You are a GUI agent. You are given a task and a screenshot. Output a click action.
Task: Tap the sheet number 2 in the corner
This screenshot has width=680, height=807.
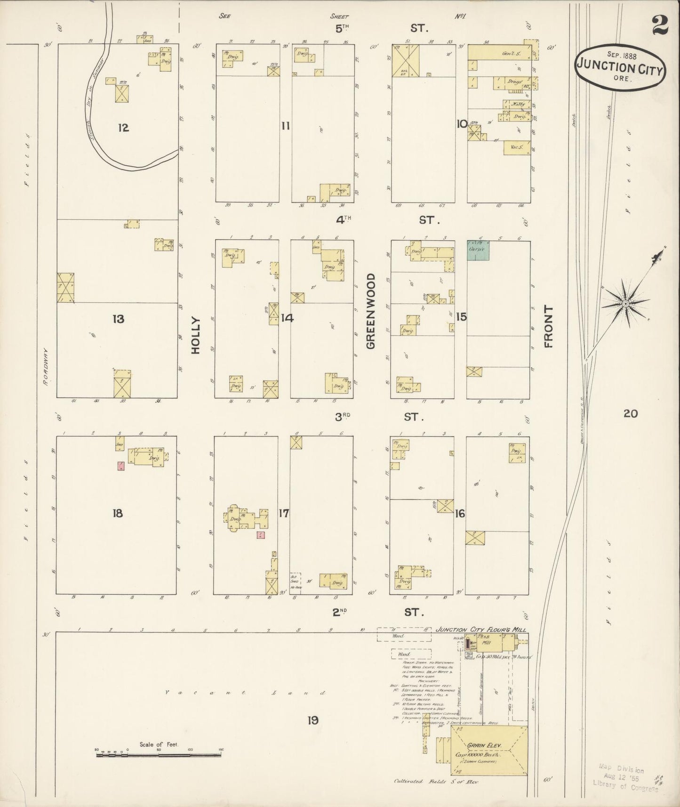660,26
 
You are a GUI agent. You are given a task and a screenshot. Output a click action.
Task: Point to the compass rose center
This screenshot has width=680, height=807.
625,304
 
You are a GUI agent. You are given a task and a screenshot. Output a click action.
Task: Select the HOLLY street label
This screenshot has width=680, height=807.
196,335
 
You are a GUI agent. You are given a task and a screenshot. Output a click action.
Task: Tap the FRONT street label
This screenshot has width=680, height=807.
548,326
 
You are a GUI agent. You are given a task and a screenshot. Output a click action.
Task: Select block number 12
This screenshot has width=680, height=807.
123,128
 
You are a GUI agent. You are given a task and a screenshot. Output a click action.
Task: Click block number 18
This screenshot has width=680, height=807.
118,513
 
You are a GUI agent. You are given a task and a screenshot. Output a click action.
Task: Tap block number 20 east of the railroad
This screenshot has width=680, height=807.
630,413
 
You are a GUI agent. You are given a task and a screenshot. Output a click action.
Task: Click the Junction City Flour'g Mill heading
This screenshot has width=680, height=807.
480,629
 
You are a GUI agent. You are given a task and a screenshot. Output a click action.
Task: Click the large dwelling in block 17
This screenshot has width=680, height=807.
245,519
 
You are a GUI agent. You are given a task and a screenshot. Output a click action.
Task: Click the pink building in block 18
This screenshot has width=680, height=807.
121,466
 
